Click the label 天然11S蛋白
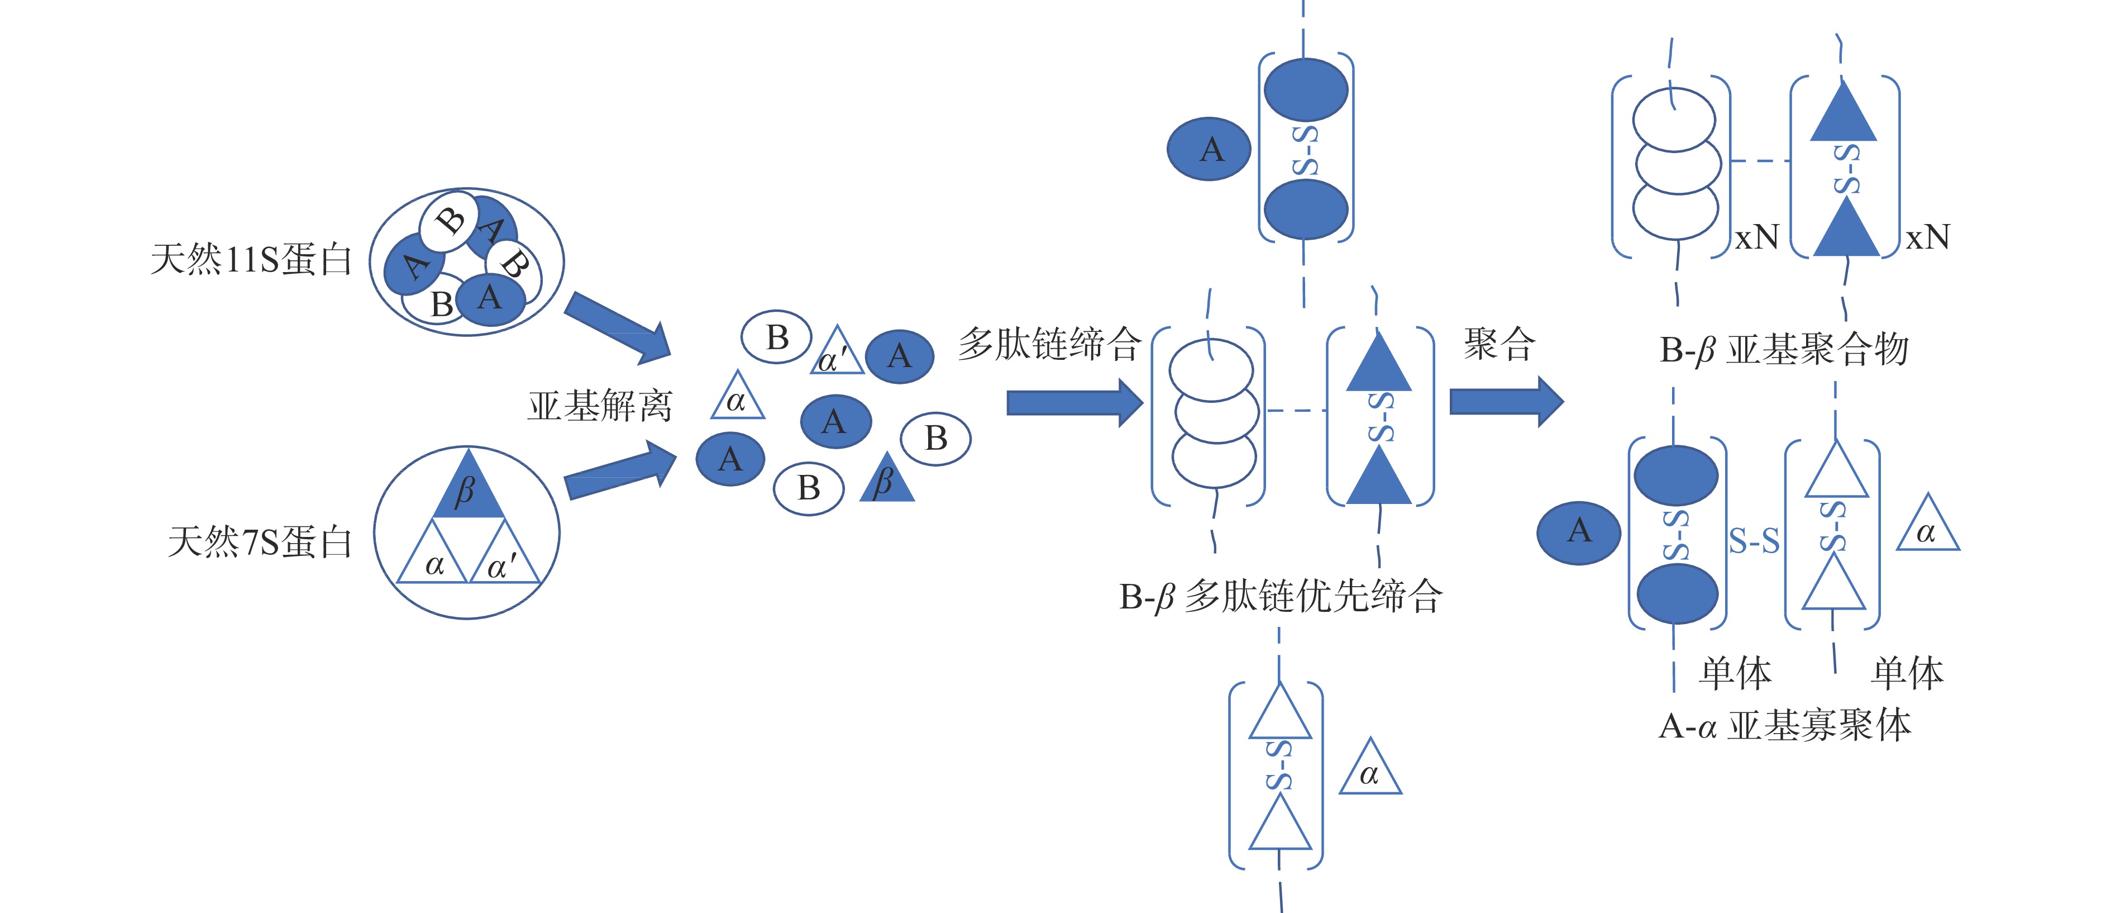coord(251,260)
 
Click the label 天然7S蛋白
coord(260,542)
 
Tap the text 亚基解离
coord(599,406)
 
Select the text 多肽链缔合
coord(1049,344)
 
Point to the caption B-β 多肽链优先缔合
coord(1280,597)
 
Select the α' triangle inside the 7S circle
coord(503,557)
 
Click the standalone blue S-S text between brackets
coord(1754,541)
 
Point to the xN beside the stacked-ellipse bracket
coord(1757,237)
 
